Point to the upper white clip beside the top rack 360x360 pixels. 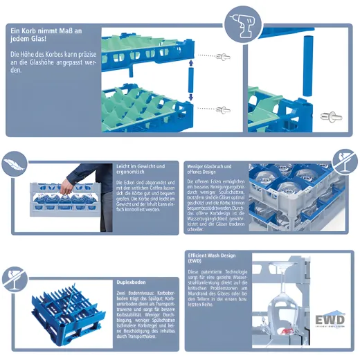coord(223,56)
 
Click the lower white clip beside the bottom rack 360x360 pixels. coord(224,110)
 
